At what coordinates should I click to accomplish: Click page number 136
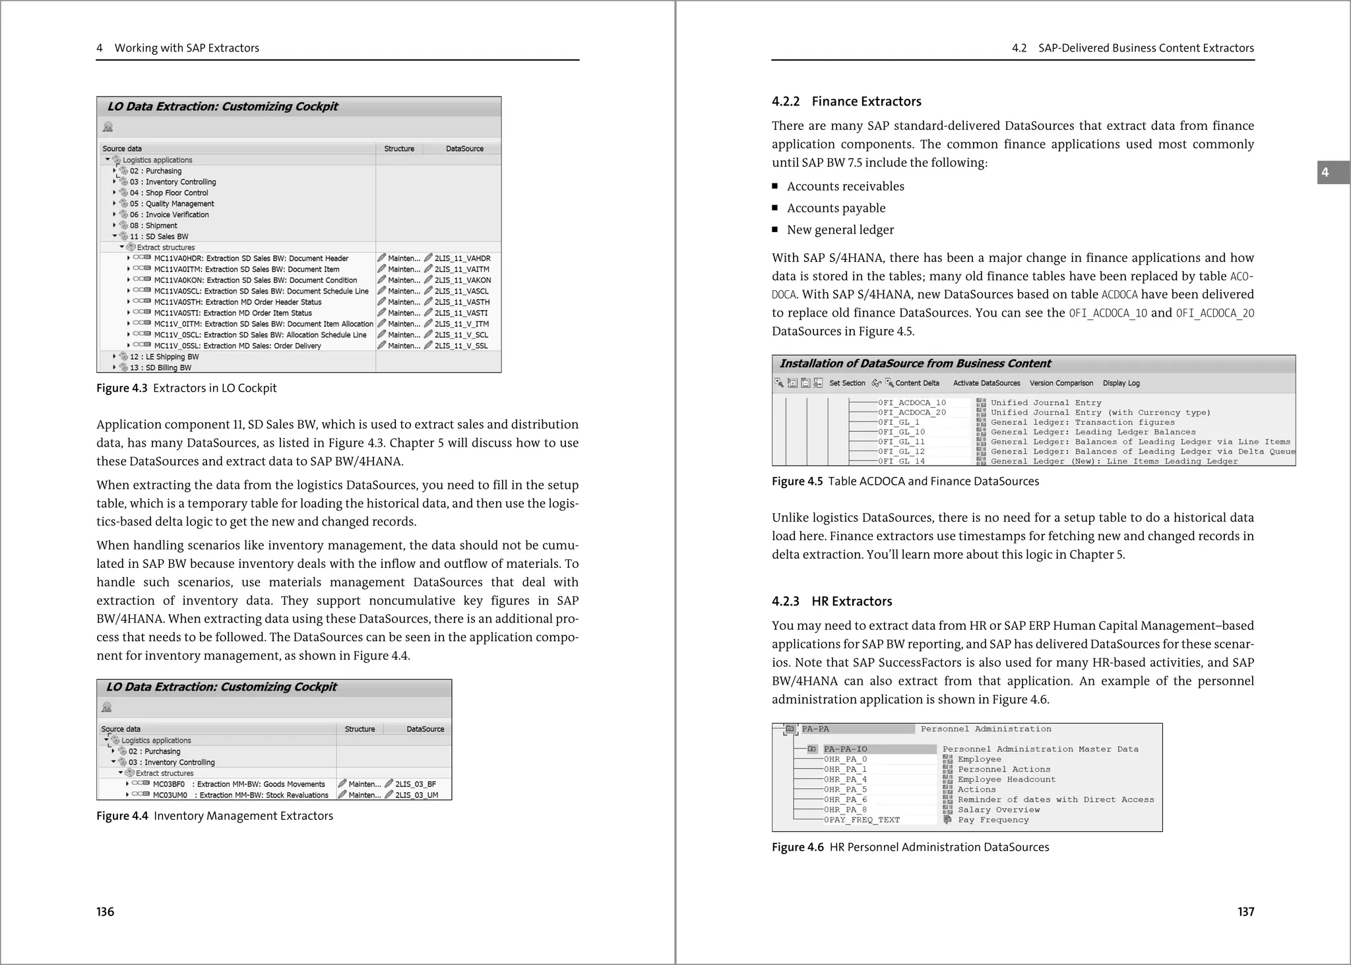(106, 912)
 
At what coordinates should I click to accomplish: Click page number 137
(1245, 912)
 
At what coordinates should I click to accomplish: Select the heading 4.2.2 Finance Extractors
(846, 102)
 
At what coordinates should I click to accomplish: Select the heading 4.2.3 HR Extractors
(832, 602)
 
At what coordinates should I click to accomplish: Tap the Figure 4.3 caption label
(122, 388)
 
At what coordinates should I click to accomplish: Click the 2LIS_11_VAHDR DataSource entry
(462, 259)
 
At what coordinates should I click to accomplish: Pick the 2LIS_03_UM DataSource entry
(416, 795)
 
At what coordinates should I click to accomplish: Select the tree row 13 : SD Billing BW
(160, 368)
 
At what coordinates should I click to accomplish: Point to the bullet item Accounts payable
(836, 208)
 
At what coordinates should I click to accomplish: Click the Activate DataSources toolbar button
(986, 383)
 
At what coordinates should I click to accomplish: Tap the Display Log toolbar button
(1121, 383)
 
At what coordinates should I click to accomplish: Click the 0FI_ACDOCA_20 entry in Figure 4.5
(912, 413)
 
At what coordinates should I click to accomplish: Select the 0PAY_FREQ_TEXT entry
(862, 820)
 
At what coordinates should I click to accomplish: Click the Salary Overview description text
(999, 810)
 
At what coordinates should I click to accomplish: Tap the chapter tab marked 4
(1326, 173)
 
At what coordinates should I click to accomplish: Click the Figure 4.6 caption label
(798, 848)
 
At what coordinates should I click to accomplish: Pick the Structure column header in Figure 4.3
(399, 149)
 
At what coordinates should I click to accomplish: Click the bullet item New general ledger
(840, 230)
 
